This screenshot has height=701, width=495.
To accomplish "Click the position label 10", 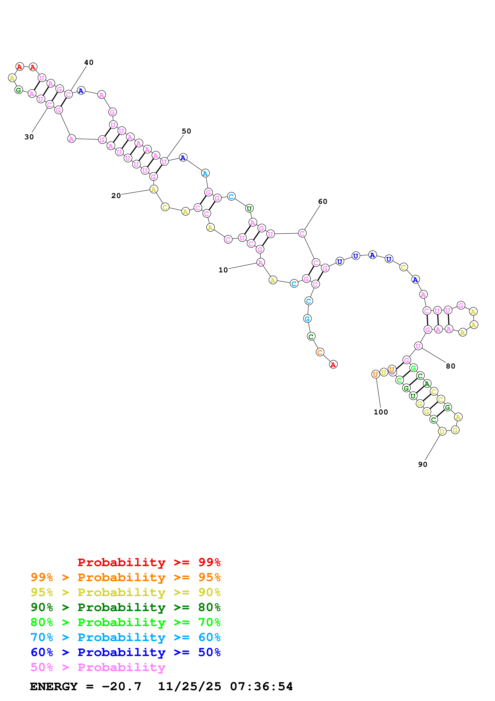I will click(x=223, y=270).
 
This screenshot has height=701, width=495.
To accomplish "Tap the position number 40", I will click(x=89, y=62).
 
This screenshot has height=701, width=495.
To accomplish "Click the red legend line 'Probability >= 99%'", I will click(x=149, y=562).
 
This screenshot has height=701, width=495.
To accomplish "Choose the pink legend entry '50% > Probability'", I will click(x=98, y=667).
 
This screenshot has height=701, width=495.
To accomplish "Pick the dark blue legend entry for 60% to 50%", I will click(x=125, y=652).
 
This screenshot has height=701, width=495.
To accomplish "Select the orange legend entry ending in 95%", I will click(x=125, y=577).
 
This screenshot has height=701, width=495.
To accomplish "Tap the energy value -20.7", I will click(x=121, y=687).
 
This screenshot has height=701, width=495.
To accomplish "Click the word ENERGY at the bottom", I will click(x=54, y=687).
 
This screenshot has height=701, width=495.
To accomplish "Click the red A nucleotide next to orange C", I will click(x=333, y=364).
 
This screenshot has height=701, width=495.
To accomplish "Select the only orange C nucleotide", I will click(x=320, y=352).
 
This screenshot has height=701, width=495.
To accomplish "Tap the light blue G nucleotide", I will click(x=307, y=319).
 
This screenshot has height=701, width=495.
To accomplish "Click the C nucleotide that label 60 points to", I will click(x=302, y=233).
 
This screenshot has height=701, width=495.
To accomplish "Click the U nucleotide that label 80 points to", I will click(x=418, y=346).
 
